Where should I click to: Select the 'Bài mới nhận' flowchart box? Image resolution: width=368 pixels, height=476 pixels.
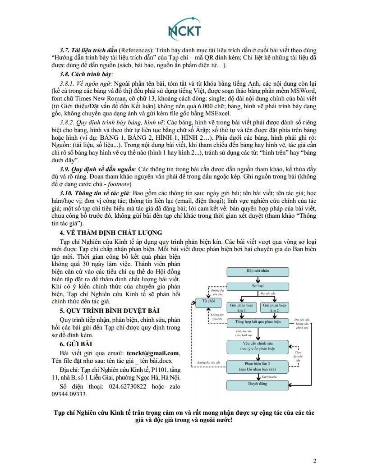pos(254,271)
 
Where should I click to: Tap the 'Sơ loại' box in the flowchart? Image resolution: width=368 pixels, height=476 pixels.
pos(254,286)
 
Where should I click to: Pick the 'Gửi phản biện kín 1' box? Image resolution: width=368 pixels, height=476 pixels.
pos(241,308)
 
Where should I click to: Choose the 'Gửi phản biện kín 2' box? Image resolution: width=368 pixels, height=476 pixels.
pos(275,308)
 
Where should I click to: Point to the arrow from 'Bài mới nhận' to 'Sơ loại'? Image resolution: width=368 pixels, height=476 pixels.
pos(254,279)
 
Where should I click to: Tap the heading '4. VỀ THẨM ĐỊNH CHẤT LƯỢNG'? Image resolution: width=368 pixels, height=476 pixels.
pos(111,233)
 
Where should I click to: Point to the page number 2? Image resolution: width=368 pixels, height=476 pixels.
pos(315,461)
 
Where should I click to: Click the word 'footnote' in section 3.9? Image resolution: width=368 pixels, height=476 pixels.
pos(118,184)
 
